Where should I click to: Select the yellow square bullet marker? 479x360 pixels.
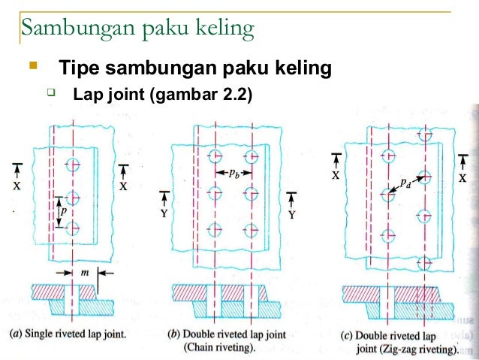(32, 68)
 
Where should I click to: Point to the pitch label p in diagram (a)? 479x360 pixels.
(64, 212)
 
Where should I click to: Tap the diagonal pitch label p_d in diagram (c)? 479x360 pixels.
(405, 182)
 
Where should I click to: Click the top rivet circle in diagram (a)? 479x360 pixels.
(73, 165)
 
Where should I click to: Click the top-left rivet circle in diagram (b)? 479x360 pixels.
(215, 157)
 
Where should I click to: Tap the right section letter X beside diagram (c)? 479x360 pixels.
(462, 178)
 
